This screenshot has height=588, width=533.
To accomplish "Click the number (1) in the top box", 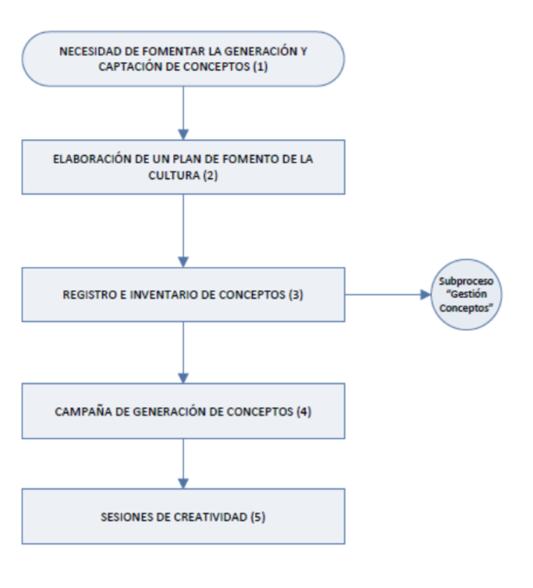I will (260, 67).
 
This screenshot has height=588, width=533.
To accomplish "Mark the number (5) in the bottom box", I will (258, 517).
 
